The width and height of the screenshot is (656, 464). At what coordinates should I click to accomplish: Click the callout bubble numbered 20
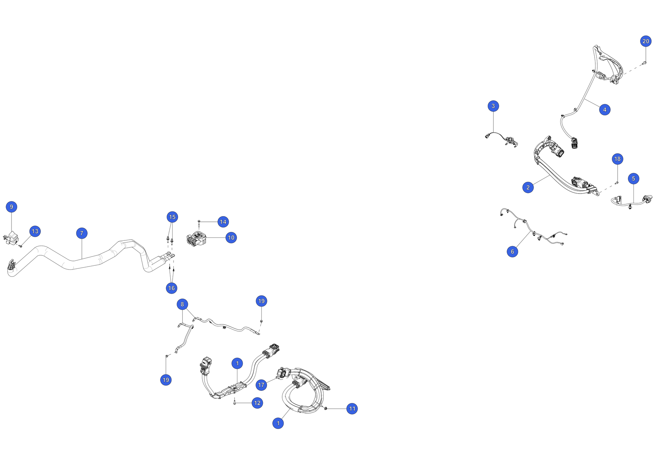coord(646,41)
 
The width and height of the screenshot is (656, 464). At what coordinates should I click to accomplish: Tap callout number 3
coord(493,106)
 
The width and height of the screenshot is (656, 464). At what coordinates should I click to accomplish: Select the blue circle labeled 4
coord(604,110)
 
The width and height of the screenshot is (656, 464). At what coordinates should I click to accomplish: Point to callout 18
coord(617,159)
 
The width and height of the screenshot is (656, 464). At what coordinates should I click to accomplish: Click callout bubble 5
coord(633,178)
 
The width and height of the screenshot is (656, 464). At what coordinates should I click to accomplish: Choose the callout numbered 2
coord(528,187)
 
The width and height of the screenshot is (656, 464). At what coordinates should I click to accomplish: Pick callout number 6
coord(512,252)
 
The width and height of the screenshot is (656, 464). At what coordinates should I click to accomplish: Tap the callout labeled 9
coord(11,207)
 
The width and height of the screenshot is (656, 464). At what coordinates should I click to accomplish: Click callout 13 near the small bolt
coord(35,231)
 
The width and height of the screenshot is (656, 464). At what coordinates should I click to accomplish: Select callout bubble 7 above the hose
coord(82,233)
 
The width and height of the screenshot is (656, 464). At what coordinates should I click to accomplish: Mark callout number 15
coord(172,217)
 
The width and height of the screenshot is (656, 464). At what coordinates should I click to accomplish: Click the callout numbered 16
coord(171,288)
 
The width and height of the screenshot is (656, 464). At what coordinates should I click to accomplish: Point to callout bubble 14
coord(223,222)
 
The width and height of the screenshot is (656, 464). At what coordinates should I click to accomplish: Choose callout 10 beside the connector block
coord(231,238)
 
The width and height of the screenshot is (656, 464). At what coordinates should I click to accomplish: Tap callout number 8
coord(182,304)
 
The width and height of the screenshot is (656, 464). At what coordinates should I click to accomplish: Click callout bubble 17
coord(261,385)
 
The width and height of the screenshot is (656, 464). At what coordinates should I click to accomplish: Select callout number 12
coord(257,403)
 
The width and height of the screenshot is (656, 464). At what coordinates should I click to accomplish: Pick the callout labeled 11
coord(352,409)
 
